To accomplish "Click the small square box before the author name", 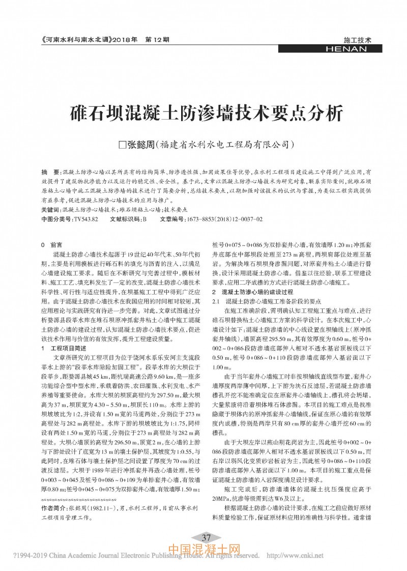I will click(122, 145).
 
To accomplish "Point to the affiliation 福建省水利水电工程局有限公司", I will click(225, 144).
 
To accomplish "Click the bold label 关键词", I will click(50, 210).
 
